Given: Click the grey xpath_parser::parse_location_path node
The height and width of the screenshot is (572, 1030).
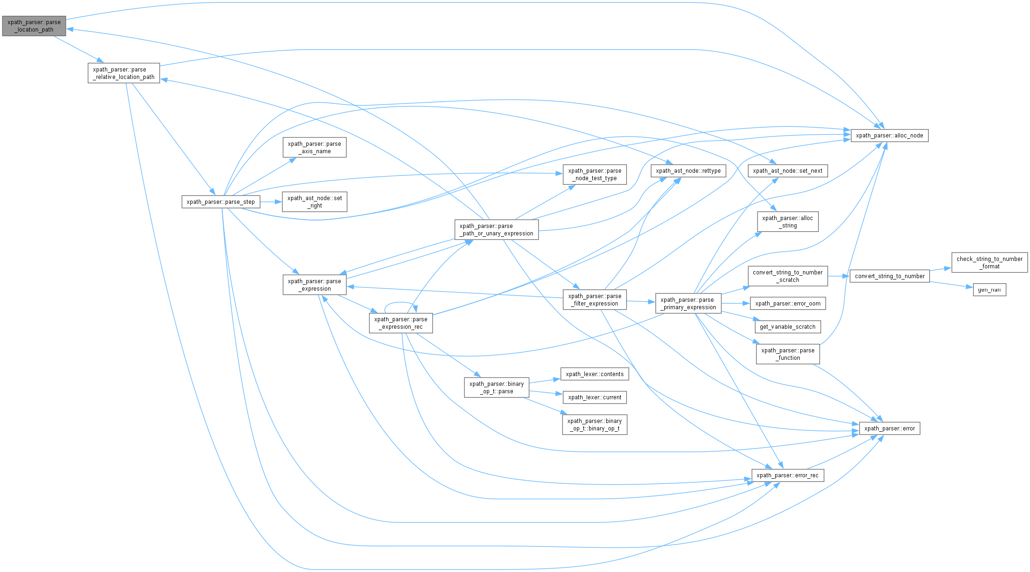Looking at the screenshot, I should point(34,26).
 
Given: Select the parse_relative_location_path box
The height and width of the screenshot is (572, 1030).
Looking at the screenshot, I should point(123,73).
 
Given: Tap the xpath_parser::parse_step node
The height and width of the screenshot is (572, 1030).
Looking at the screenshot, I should point(220,202).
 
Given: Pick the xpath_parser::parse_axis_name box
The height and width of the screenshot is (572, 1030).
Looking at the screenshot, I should point(314,148).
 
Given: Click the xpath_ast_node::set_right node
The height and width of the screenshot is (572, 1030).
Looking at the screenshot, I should point(314,202).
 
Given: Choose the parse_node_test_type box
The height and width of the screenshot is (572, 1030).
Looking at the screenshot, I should point(595,175).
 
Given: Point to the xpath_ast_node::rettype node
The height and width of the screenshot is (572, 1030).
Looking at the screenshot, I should point(688,171).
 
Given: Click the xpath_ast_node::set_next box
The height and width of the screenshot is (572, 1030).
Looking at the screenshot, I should point(787,171).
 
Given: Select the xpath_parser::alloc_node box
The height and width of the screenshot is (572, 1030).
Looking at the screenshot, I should point(889,136).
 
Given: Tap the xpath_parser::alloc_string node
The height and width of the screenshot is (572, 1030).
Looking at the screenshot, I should point(787,222).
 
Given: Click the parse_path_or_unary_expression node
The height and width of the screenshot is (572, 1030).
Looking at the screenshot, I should point(496,230).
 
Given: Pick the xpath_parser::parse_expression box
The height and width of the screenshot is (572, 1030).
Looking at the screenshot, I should point(314,285).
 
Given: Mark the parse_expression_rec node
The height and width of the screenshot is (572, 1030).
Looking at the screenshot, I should point(401,323).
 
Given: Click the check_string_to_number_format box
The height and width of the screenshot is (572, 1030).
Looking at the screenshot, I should point(989,263).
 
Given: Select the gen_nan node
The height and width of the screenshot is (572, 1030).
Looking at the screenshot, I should point(989,290).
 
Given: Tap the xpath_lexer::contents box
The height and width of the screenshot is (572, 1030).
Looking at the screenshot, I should point(595,374).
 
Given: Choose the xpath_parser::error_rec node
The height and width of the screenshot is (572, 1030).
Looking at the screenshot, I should point(787,475).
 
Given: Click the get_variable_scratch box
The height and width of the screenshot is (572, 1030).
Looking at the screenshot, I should point(787,327).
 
